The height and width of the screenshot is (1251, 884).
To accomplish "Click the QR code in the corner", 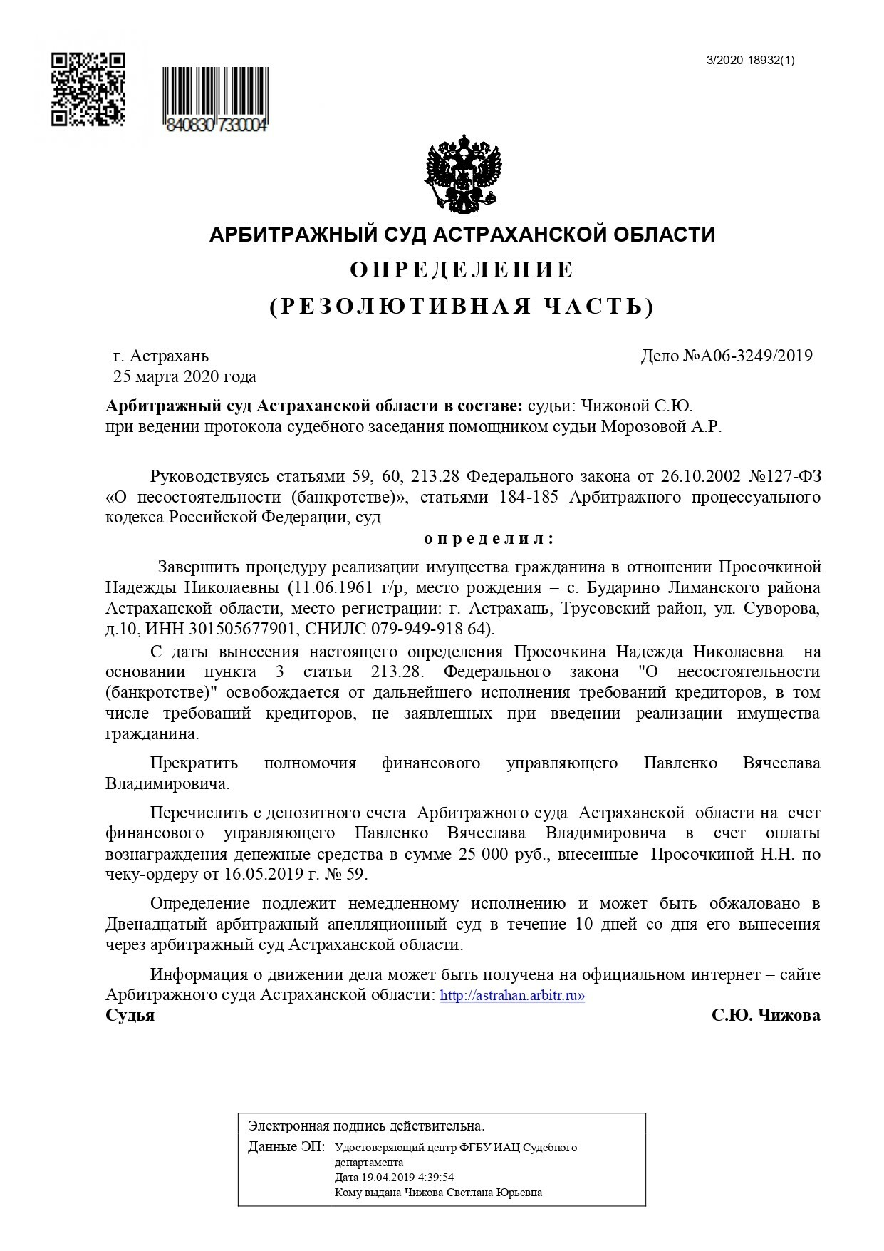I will click(x=88, y=89).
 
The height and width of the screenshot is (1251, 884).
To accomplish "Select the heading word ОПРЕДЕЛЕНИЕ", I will click(x=462, y=270).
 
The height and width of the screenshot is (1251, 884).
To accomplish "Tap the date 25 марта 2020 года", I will click(x=185, y=376).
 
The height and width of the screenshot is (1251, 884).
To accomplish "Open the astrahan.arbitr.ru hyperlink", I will click(x=512, y=996).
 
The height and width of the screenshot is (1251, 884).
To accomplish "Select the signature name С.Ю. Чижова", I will click(x=766, y=1016).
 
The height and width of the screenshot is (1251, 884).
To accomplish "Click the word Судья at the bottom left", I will click(x=130, y=1016).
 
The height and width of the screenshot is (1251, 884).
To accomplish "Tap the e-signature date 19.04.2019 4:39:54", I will click(x=394, y=1178).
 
